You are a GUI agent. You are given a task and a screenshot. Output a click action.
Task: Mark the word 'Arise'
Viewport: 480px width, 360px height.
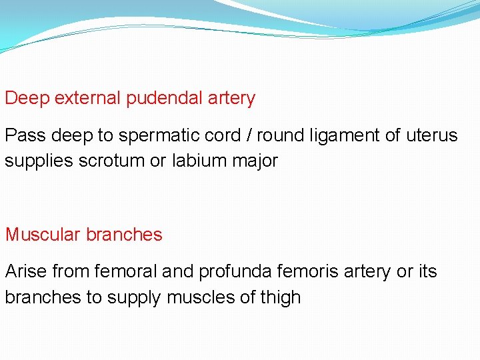point(25,271)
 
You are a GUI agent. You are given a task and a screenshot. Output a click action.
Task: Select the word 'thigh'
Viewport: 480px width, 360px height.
point(278,297)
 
